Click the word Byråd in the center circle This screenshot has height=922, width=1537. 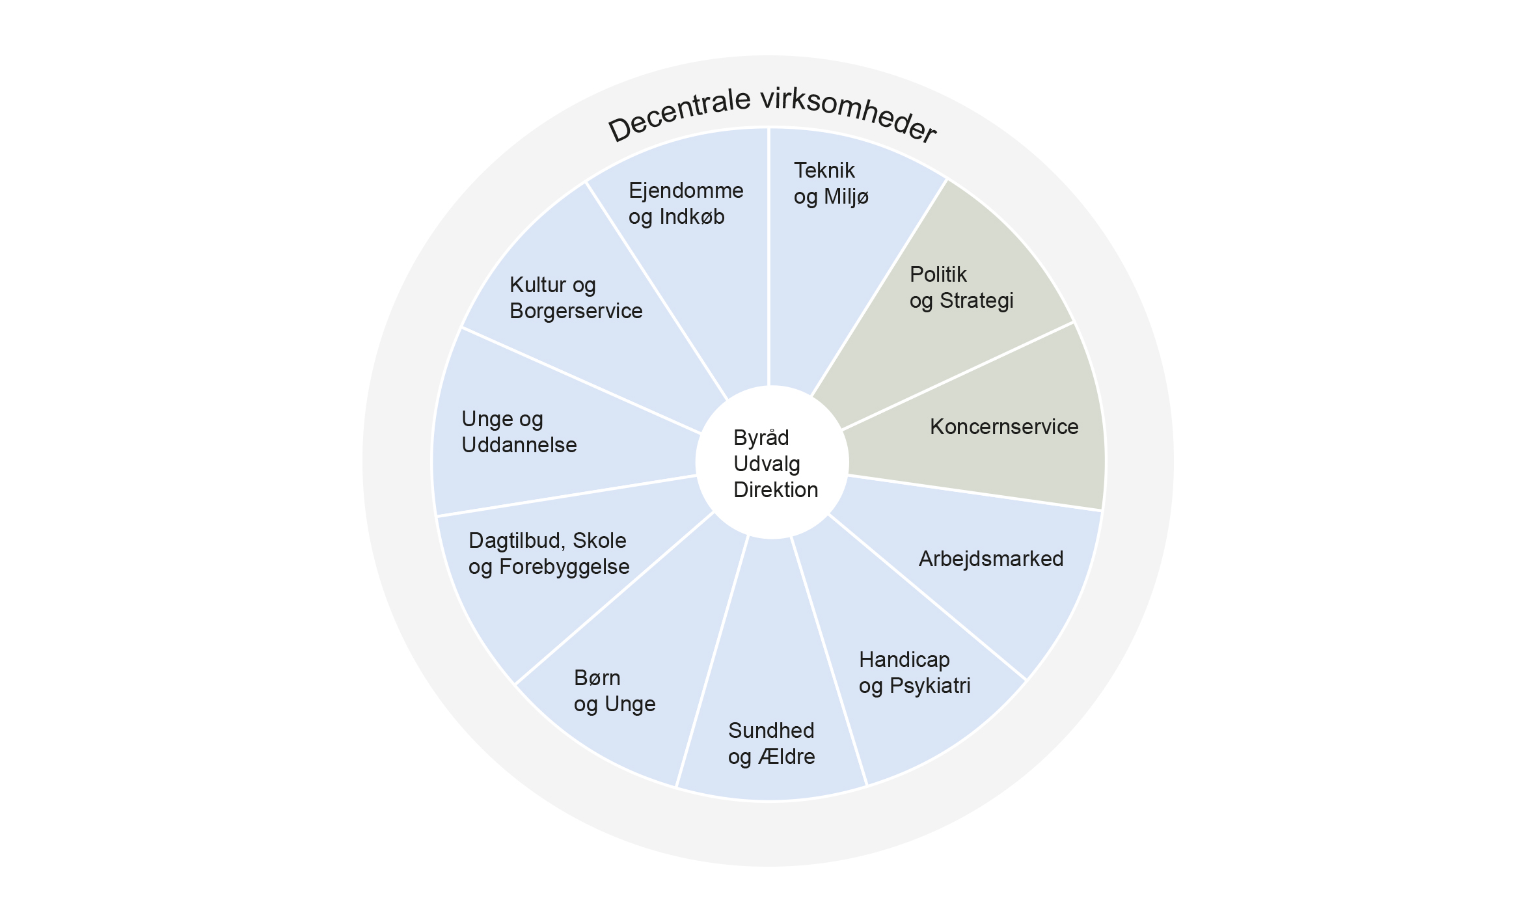click(x=761, y=438)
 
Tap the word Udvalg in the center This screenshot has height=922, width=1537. click(x=767, y=464)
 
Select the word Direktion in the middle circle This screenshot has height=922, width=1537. click(x=776, y=490)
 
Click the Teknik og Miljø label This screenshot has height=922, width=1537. click(x=831, y=183)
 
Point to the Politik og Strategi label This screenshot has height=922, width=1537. click(x=961, y=288)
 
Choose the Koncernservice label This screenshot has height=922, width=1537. click(x=1003, y=427)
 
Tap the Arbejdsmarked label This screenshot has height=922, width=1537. click(x=990, y=559)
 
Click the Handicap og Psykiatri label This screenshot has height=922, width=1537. click(x=914, y=673)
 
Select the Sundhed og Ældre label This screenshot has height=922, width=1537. click(x=771, y=744)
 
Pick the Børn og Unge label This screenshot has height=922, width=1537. click(x=614, y=691)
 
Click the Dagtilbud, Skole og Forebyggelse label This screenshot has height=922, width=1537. click(x=549, y=554)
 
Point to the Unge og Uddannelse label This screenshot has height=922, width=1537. click(x=519, y=432)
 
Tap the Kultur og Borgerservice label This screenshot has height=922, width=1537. click(x=575, y=298)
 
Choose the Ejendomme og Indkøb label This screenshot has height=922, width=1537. click(x=685, y=204)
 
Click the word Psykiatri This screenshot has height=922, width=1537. click(x=930, y=686)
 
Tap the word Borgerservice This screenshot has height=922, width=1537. click(x=576, y=311)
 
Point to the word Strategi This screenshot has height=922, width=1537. click(x=976, y=301)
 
